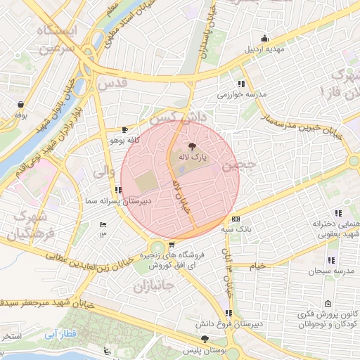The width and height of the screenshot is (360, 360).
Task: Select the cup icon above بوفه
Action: (x=20, y=104)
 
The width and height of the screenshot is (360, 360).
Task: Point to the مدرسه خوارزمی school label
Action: (x=243, y=94)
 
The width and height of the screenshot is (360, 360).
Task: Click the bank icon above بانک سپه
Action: (x=236, y=219)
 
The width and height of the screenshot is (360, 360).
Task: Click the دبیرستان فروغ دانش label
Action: (x=231, y=323)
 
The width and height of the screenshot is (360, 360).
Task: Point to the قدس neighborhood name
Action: (x=112, y=83)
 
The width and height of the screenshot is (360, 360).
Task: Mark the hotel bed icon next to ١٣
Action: (x=103, y=224)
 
